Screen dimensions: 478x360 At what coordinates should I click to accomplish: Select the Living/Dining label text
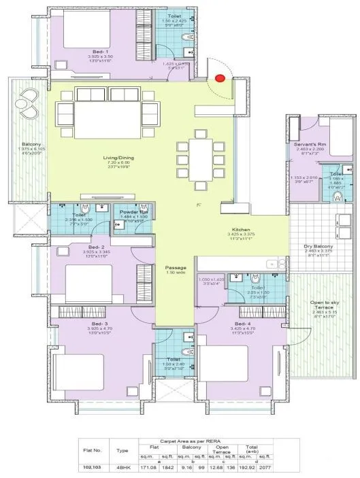click(x=118, y=158)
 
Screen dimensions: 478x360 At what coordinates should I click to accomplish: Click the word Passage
click(x=176, y=267)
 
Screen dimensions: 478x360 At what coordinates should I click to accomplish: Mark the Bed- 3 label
click(x=99, y=324)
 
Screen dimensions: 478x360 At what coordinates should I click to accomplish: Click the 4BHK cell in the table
click(x=122, y=466)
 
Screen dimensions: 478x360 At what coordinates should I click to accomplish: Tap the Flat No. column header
click(x=93, y=449)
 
